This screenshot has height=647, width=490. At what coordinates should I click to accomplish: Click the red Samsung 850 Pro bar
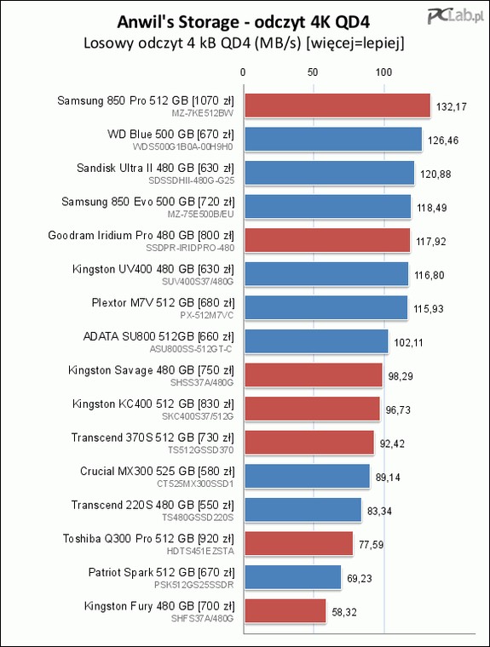(x=337, y=106)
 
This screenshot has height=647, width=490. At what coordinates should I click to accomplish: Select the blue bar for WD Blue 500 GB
(x=333, y=140)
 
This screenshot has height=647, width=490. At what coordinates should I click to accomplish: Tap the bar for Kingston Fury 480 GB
(x=285, y=610)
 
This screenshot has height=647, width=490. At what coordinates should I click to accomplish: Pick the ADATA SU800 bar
(x=316, y=341)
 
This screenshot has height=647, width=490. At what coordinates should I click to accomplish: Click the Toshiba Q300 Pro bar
(x=299, y=543)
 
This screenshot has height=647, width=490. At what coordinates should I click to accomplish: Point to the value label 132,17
(x=451, y=107)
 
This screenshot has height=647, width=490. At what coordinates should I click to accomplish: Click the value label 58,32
(x=344, y=612)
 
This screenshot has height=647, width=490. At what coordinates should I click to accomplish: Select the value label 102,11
(x=408, y=342)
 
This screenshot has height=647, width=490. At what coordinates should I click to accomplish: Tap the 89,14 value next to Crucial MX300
(x=388, y=478)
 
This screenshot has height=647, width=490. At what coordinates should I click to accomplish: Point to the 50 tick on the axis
(x=313, y=72)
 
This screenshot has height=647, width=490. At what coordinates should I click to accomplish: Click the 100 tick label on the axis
(x=383, y=72)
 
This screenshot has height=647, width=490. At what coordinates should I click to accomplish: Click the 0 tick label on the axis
(x=243, y=72)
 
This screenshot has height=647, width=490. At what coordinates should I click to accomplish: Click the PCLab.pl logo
(x=455, y=15)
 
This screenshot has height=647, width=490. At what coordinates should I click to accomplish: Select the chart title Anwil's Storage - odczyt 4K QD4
(x=244, y=22)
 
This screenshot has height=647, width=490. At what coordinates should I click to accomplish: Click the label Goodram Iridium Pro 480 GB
(x=121, y=235)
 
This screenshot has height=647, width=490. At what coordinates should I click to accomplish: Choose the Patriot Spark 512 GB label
(x=141, y=572)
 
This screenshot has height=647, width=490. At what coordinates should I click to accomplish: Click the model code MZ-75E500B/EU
(x=200, y=215)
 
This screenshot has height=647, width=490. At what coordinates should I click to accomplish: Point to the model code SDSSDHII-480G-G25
(x=191, y=180)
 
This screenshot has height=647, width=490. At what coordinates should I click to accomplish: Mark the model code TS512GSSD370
(x=201, y=449)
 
